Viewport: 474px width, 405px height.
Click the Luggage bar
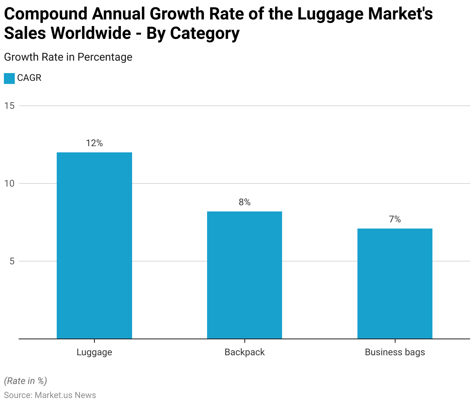pos(94,246)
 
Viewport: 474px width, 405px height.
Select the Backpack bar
pos(244,275)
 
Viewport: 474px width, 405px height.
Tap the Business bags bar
pos(395,284)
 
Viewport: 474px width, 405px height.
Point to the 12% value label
pos(94,143)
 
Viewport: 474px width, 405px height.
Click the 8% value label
pos(244,202)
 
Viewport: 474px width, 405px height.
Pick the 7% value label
pos(395,220)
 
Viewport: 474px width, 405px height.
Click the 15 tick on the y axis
pos(10,106)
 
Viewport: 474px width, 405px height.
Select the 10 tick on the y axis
pos(10,183)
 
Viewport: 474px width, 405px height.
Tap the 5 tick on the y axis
pos(12,261)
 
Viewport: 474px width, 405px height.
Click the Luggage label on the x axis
pos(94,352)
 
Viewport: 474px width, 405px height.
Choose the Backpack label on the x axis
pos(244,352)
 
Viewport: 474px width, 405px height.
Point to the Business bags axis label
pos(395,352)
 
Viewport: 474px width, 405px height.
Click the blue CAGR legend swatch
pos(9,78)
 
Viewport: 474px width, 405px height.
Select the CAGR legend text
pos(29,78)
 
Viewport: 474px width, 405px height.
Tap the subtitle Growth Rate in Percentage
pos(68,57)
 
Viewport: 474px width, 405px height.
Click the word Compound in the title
pos(46,14)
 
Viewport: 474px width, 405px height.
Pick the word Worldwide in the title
pos(91,33)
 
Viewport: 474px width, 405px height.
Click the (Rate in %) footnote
pos(25,381)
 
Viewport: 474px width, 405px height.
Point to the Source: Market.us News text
pos(50,395)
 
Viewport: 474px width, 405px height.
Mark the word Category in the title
pos(205,33)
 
